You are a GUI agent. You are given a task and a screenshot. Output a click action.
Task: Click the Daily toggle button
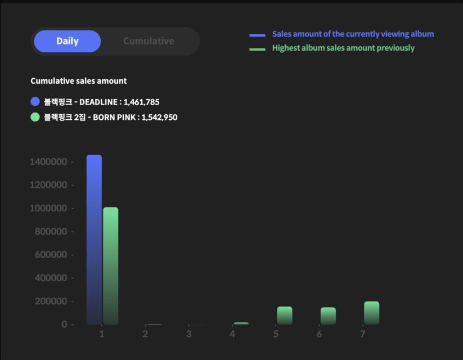[x=68, y=41]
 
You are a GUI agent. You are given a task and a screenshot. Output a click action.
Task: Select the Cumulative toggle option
[x=149, y=41]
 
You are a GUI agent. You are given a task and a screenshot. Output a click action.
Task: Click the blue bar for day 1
[x=94, y=239]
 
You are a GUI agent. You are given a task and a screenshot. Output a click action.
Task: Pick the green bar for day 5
[x=285, y=316]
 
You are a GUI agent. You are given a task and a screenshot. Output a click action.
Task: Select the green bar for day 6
[x=328, y=316]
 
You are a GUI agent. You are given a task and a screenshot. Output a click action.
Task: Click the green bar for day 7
[x=371, y=313]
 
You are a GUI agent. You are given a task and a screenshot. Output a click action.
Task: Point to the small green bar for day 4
[x=241, y=323]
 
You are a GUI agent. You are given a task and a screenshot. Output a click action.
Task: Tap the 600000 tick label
[x=50, y=255]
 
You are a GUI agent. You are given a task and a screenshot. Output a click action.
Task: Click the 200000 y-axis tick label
[x=50, y=301]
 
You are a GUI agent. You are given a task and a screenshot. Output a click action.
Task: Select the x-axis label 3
[x=189, y=334]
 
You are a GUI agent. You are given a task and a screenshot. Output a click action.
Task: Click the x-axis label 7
[x=363, y=334]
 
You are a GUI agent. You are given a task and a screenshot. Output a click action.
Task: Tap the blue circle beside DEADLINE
[x=35, y=102]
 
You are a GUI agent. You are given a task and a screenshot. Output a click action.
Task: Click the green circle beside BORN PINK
[x=35, y=117]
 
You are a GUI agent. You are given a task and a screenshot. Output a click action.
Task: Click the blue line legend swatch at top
[x=257, y=35]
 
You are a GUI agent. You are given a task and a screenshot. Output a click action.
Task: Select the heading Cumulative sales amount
[x=79, y=81]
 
